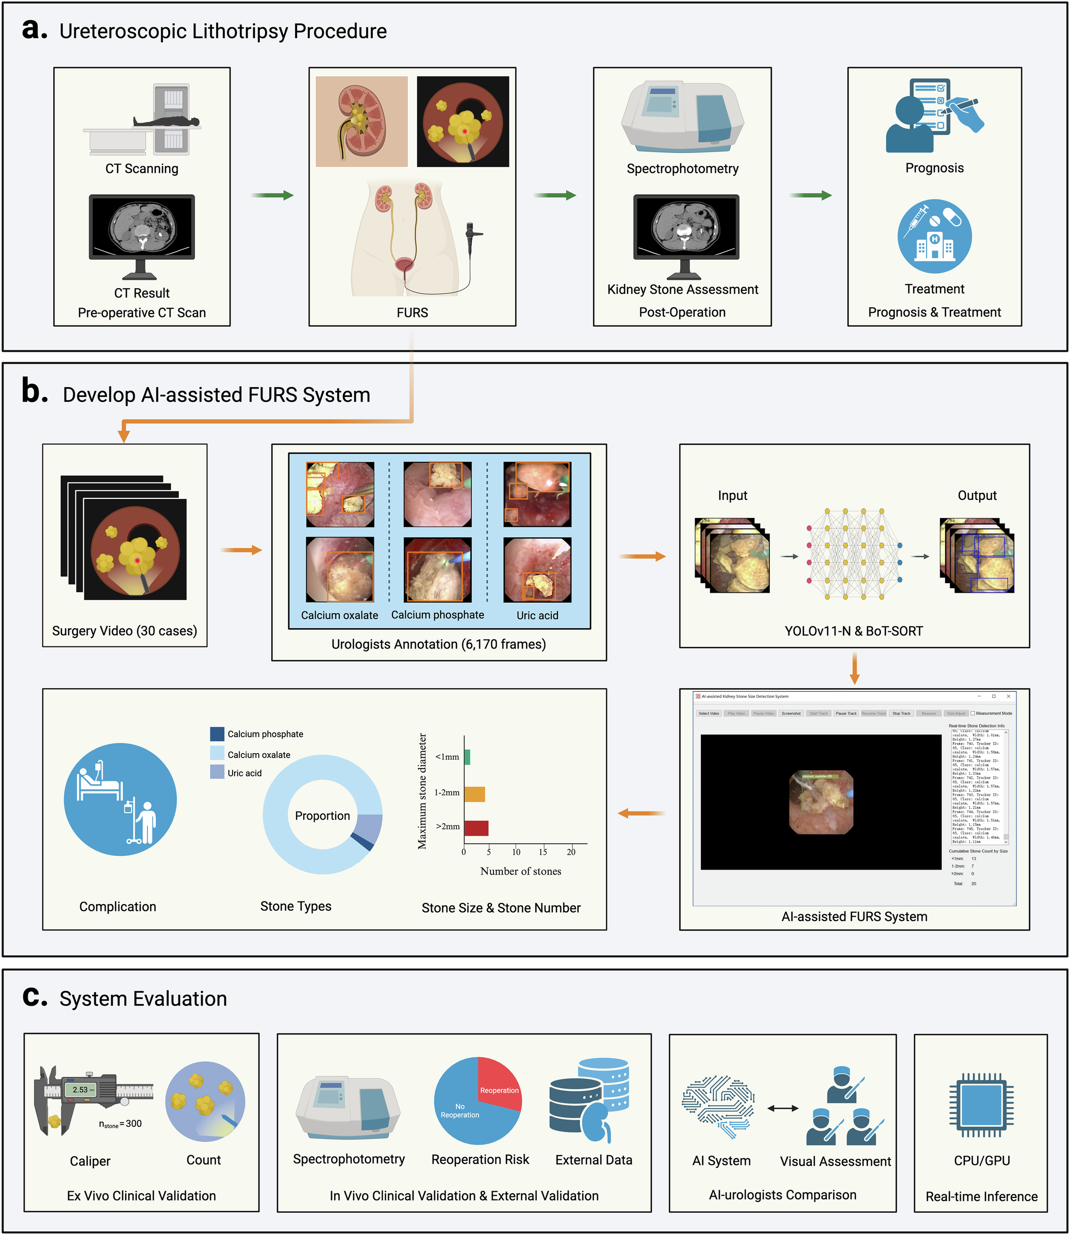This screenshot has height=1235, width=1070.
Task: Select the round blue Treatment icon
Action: (934, 236)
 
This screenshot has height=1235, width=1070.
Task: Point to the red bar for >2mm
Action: (476, 828)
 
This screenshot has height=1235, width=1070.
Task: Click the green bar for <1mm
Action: (467, 757)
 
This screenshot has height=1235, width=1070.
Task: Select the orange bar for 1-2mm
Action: (474, 794)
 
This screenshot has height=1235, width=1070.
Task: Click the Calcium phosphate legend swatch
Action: (217, 733)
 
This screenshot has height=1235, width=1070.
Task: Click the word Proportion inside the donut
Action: (322, 815)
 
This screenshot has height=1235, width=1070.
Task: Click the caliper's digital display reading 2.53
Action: (81, 1089)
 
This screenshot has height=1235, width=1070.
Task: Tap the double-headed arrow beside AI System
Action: (782, 1108)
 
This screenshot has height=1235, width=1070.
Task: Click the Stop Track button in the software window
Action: (901, 713)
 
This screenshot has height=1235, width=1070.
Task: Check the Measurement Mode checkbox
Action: (973, 713)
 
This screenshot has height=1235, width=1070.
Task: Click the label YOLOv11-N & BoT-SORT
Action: (853, 631)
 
